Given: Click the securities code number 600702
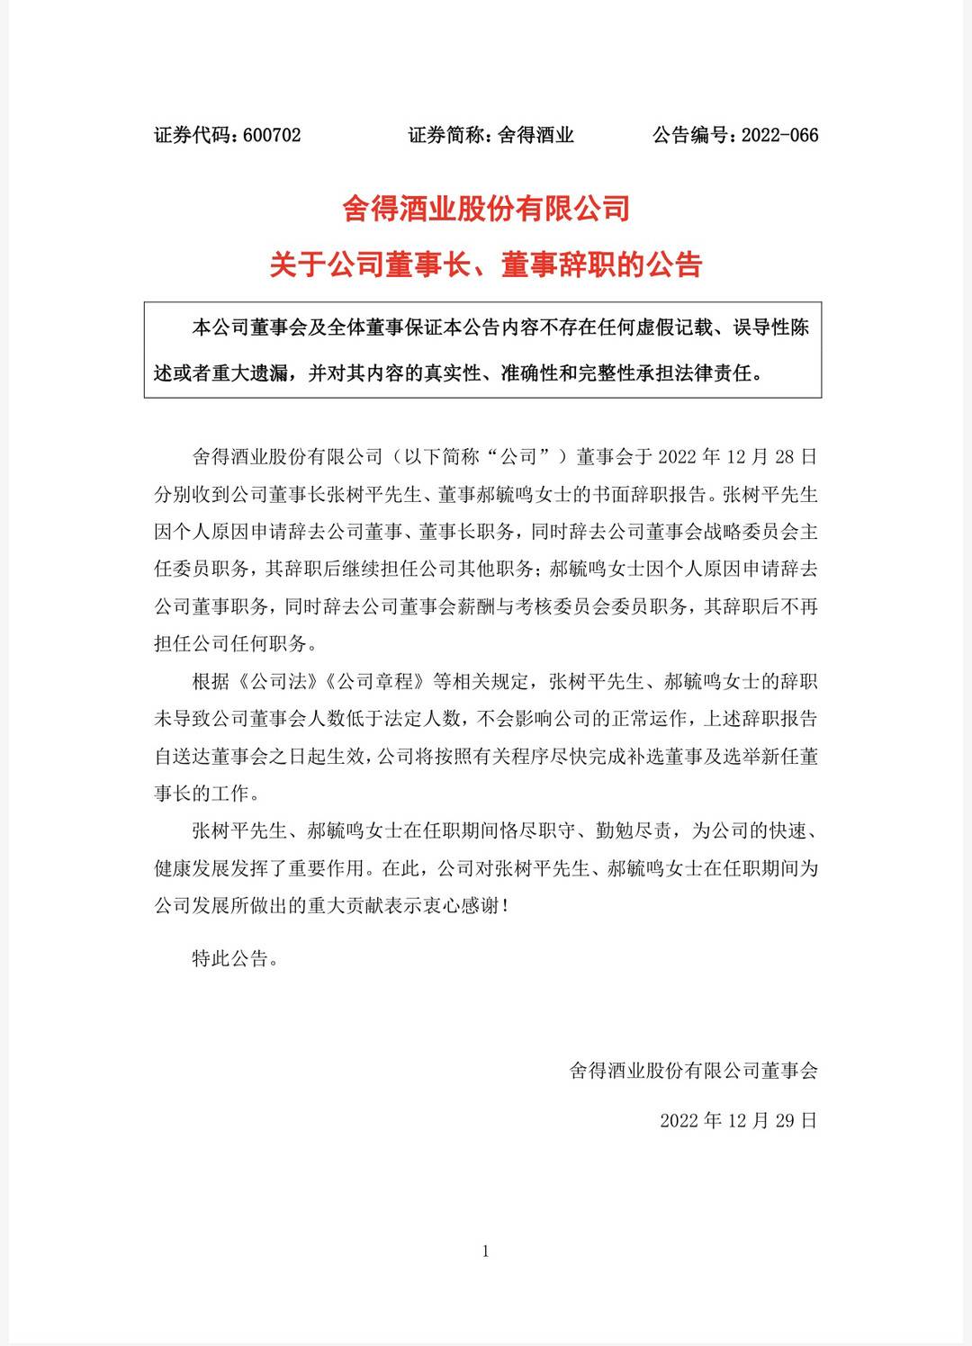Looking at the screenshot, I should [272, 136].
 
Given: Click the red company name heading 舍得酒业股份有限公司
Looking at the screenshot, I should [486, 210].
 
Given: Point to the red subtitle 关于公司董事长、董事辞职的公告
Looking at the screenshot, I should [486, 265].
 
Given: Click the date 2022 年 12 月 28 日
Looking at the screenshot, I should [738, 457].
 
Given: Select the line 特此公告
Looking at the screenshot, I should [230, 958].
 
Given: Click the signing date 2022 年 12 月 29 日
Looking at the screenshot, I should [738, 1121].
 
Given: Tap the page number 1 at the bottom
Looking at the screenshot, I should [486, 1252].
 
